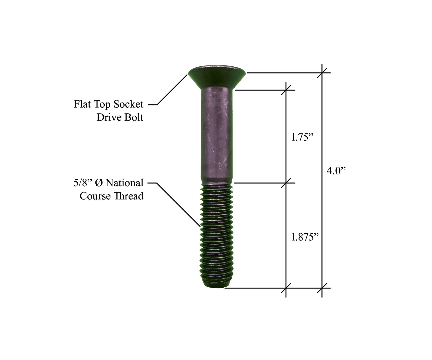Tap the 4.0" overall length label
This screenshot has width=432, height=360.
[x=336, y=171]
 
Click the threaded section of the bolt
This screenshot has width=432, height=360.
[x=216, y=233]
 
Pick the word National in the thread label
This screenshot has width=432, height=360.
[x=124, y=183]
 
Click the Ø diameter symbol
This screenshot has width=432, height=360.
[x=99, y=183]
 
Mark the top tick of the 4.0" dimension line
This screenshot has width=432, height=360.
[x=322, y=72]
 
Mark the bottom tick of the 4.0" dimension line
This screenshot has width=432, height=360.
[x=322, y=288]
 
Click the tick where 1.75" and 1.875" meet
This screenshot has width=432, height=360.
[x=286, y=183]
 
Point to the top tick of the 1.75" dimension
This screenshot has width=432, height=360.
[x=286, y=90]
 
